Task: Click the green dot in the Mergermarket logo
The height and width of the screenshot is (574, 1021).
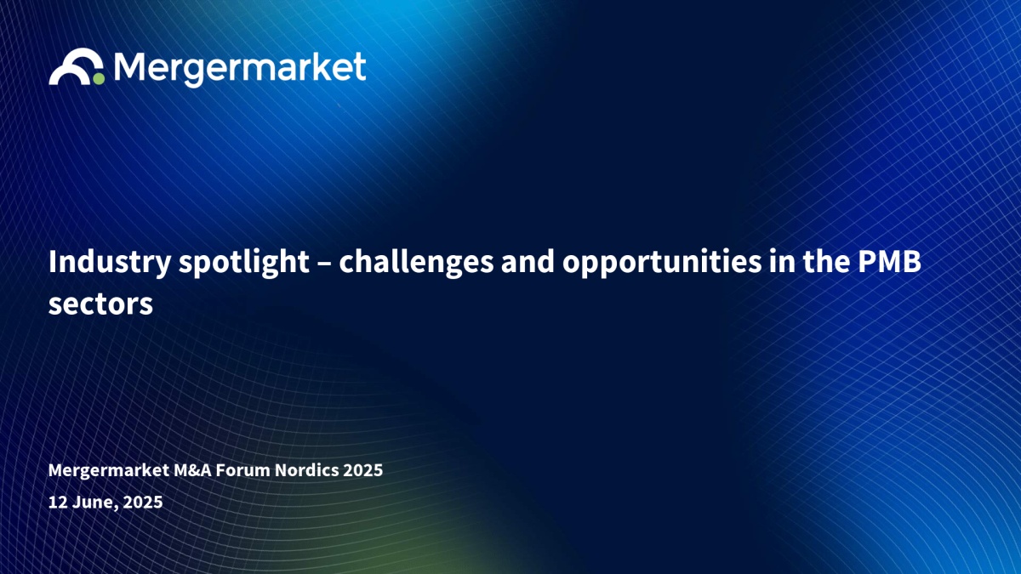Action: pos(99,78)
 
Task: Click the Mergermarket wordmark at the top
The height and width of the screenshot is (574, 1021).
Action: pos(240,69)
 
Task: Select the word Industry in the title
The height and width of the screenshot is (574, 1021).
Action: pos(110,263)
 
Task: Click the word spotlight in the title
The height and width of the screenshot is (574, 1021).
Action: pos(244,263)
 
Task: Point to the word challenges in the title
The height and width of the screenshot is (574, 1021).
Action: pos(416,263)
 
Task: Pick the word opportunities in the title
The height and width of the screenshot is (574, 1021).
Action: pos(662,263)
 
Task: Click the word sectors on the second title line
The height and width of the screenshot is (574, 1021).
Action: pos(100,304)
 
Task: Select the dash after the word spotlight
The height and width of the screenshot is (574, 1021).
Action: pos(324,264)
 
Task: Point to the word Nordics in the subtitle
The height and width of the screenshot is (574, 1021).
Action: pos(307,470)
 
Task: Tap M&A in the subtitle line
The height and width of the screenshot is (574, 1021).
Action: pos(193,470)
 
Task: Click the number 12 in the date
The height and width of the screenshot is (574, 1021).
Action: pos(58,502)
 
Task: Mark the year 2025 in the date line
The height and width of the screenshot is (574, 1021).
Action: pos(143,502)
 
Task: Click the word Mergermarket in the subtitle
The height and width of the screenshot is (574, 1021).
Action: pos(109,470)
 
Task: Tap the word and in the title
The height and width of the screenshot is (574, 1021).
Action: pos(528,262)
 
